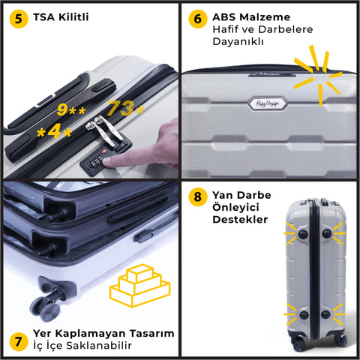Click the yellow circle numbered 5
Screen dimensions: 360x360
(x=19, y=19)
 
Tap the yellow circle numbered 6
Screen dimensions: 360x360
(x=198, y=19)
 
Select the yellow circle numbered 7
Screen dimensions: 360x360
(x=19, y=341)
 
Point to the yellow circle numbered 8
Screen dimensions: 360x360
(x=198, y=196)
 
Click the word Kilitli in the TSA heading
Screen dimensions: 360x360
(x=73, y=17)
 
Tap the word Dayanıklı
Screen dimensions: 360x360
(x=238, y=41)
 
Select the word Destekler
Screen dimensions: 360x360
(x=240, y=219)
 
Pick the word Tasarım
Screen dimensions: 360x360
(x=151, y=333)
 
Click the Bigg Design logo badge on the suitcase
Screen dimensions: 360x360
(x=267, y=103)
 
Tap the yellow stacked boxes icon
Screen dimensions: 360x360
(x=140, y=286)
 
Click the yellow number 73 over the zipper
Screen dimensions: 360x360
(x=121, y=108)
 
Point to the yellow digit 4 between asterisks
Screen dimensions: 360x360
(x=54, y=131)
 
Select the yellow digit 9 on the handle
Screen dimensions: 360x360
(x=62, y=109)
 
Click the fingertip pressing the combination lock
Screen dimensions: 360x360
(x=107, y=160)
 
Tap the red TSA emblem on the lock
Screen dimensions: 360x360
(x=104, y=151)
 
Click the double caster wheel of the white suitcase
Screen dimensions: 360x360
(x=45, y=308)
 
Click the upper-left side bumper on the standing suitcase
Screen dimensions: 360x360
(x=303, y=234)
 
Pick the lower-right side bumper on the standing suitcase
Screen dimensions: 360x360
(x=325, y=314)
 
